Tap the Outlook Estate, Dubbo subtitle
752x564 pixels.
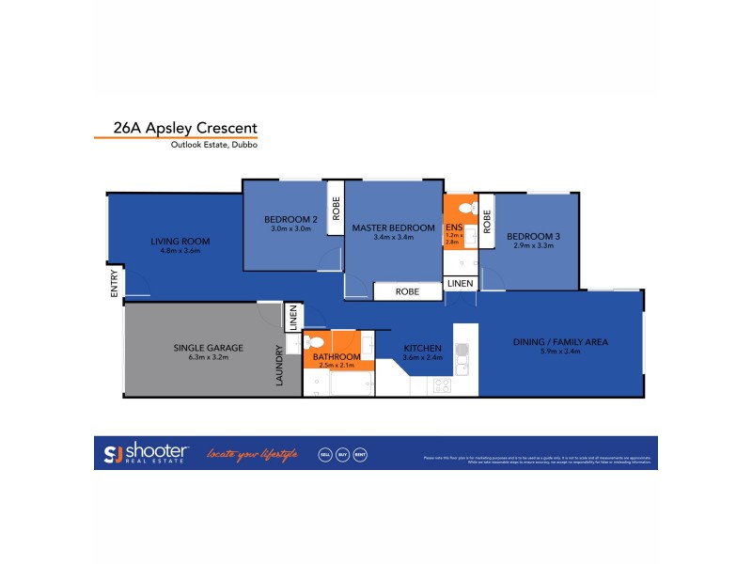213,145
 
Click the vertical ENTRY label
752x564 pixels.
115,284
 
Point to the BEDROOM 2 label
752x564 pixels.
290,220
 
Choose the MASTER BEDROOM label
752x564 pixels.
393,227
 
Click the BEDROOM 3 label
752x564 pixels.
531,236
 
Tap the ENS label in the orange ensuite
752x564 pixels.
453,227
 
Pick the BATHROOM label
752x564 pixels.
337,357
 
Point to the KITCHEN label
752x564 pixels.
422,348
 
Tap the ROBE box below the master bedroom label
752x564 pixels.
407,292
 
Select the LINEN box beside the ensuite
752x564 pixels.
460,283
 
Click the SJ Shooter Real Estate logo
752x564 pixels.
147,453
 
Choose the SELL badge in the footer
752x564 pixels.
324,454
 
